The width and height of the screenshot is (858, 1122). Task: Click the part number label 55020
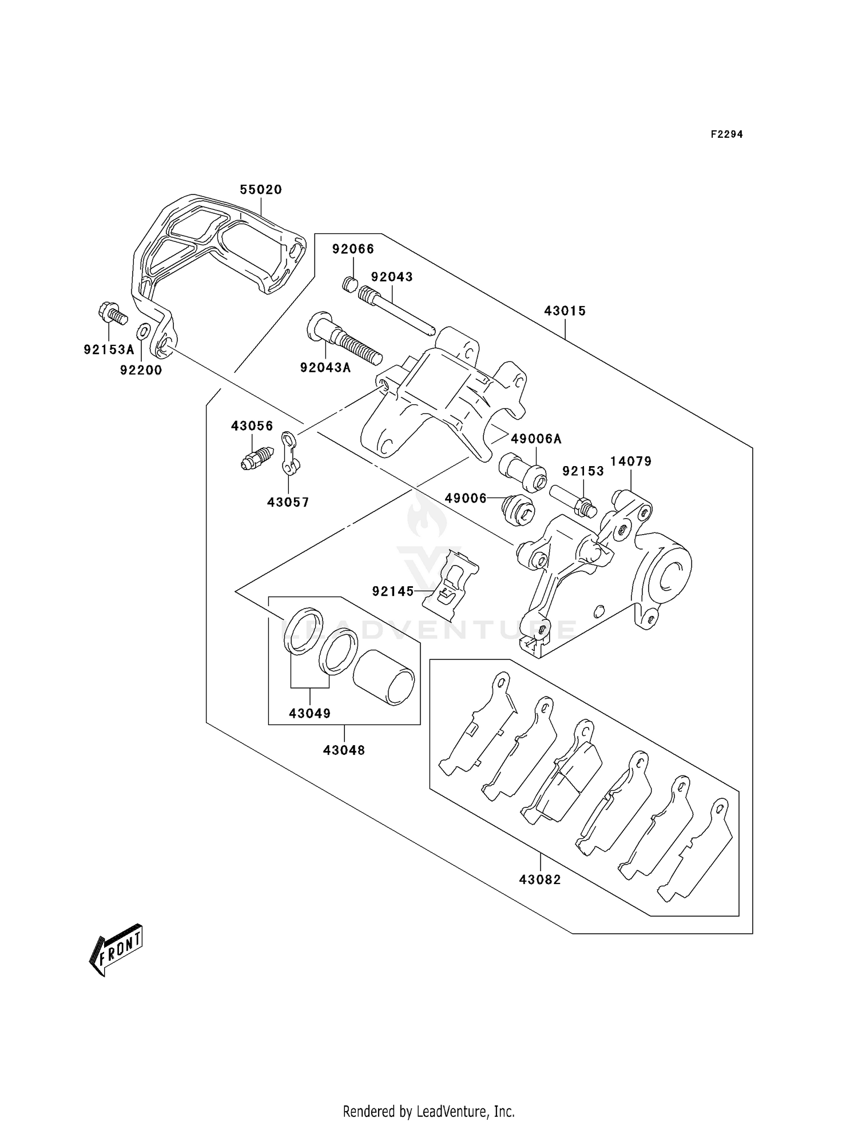pyautogui.click(x=261, y=189)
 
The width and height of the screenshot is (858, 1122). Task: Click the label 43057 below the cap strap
pyautogui.click(x=288, y=502)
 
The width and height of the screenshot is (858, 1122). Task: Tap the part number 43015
pyautogui.click(x=565, y=311)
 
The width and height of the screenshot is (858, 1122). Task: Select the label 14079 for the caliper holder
pyautogui.click(x=630, y=461)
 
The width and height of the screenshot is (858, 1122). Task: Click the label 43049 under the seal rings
pyautogui.click(x=309, y=713)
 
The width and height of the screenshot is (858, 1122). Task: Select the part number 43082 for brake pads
pyautogui.click(x=540, y=880)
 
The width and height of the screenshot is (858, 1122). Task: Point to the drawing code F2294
pyautogui.click(x=726, y=134)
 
